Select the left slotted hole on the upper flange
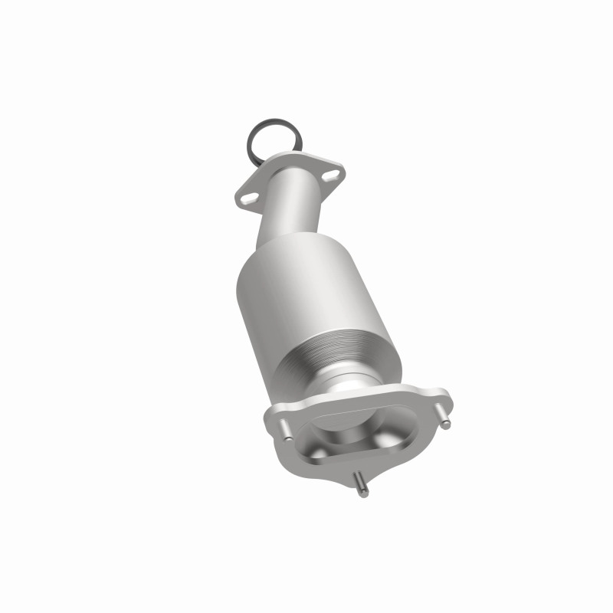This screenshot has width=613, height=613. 248,198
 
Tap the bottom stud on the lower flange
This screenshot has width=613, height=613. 361,486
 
